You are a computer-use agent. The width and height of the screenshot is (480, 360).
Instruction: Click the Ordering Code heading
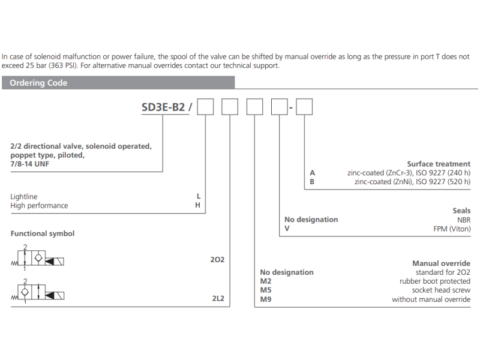[x=38, y=83]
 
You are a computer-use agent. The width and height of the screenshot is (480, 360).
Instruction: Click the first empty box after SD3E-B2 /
[x=206, y=108]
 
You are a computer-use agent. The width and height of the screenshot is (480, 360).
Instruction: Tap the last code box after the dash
[x=305, y=108]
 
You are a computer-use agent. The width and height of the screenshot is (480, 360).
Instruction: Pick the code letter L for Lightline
[x=198, y=196]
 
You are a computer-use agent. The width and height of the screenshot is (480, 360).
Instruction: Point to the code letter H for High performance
[x=198, y=205]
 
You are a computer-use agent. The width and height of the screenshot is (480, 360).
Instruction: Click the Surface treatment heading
[x=439, y=164]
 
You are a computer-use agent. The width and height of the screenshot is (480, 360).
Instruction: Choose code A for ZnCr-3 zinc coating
[x=311, y=173]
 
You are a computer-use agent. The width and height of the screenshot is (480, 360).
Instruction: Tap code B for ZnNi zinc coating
[x=311, y=181]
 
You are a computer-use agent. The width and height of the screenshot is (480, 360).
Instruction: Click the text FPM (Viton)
[x=452, y=229]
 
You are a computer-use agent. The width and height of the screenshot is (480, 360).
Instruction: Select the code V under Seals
[x=287, y=229]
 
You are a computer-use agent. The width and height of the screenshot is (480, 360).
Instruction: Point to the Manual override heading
[x=441, y=263]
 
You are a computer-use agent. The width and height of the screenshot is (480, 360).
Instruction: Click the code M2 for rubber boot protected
[x=266, y=281]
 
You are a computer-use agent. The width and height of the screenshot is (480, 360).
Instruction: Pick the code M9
[x=266, y=299]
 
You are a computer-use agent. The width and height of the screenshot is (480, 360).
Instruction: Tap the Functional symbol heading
[x=42, y=233]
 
